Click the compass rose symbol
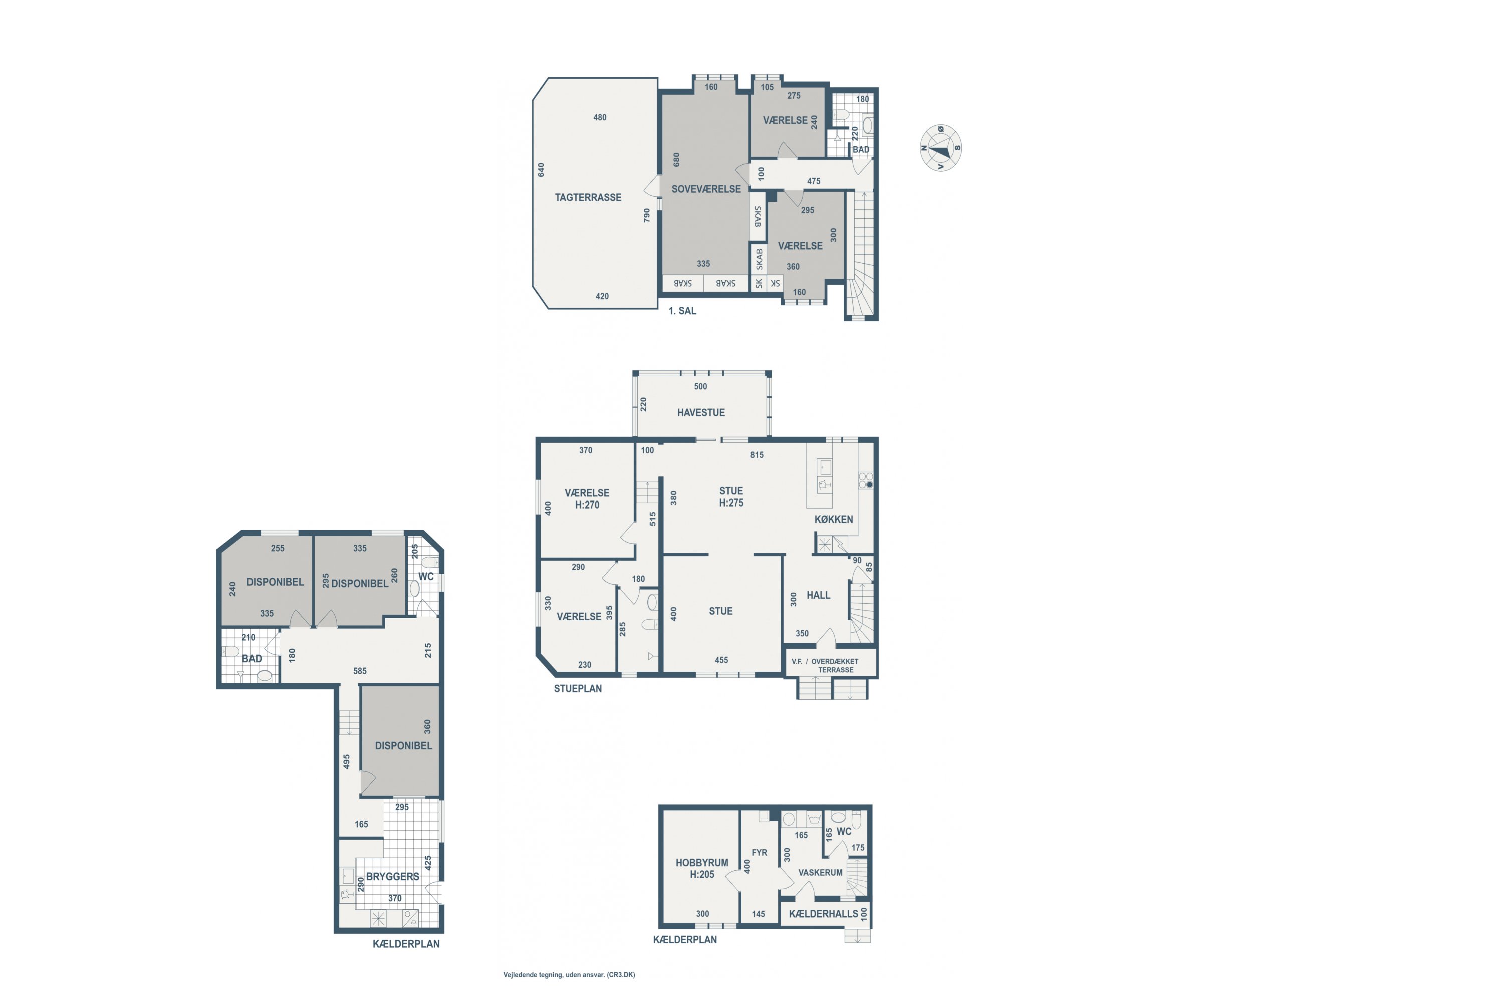941,148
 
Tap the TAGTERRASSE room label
588,197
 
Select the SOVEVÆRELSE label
706,189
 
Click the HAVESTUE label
701,413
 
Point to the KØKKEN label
833,519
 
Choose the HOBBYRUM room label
702,863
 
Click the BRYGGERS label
392,876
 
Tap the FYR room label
759,853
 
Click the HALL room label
818,595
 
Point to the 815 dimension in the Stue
757,455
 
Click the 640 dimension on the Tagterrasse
541,170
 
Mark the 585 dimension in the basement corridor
360,671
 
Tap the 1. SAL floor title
682,311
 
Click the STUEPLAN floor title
578,688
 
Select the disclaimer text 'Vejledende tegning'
533,975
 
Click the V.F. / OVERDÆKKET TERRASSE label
825,665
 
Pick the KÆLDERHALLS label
823,914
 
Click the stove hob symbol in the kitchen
865,480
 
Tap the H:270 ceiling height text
587,505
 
